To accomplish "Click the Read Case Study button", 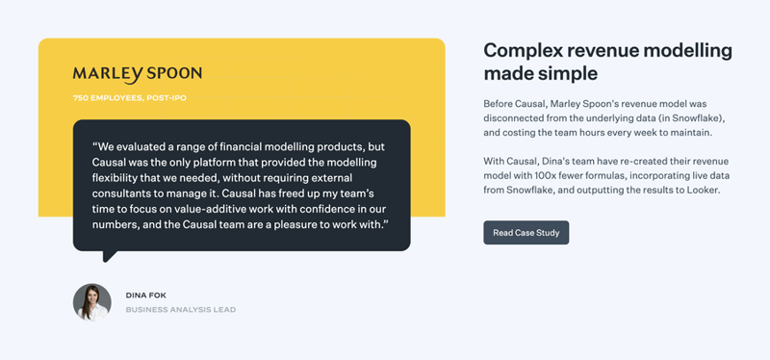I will point(526,233).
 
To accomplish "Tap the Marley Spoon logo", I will point(137,74).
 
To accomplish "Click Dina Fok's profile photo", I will point(92,302).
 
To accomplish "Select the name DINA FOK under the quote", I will point(146,295).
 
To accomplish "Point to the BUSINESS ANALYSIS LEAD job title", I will point(180,310).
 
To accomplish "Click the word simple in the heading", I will point(567,74).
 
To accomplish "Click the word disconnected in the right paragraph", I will point(517,117).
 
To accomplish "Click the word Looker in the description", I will point(700,191).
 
